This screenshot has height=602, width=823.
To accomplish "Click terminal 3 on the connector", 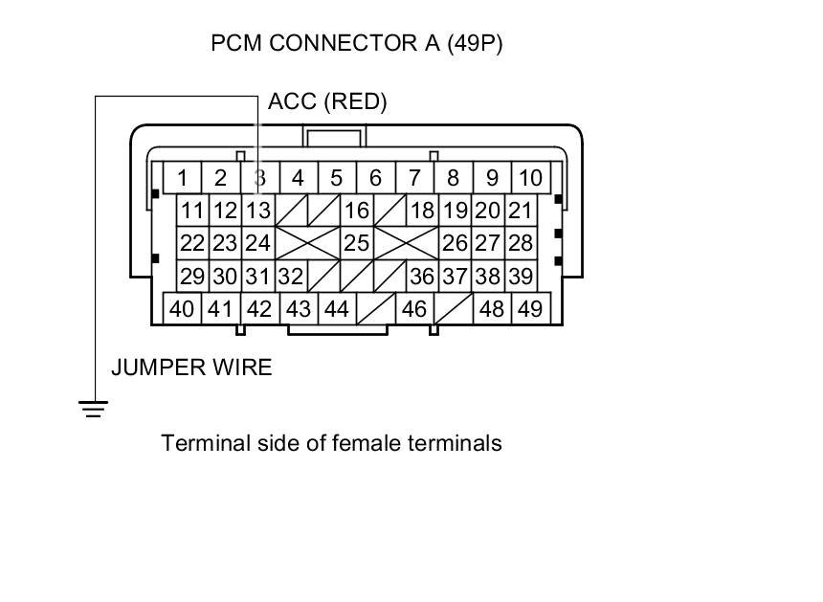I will pyautogui.click(x=259, y=178).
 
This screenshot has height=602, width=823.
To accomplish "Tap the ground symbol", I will pyautogui.click(x=93, y=410).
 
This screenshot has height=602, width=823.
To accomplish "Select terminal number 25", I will pyautogui.click(x=356, y=243).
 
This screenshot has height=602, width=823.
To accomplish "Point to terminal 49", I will pyautogui.click(x=529, y=309).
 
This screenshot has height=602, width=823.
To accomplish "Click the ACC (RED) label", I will pyautogui.click(x=327, y=102).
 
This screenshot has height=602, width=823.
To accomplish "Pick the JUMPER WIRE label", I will pyautogui.click(x=191, y=368).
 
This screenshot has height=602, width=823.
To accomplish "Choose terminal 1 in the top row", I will pyautogui.click(x=182, y=178).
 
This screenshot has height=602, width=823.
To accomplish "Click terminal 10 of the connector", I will pyautogui.click(x=529, y=178).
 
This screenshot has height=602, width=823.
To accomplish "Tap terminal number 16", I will pyautogui.click(x=356, y=211).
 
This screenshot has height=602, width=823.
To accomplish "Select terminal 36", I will pyautogui.click(x=421, y=277).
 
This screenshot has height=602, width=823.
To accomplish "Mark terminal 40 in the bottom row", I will pyautogui.click(x=181, y=309).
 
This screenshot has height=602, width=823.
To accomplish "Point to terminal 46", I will pyautogui.click(x=413, y=309).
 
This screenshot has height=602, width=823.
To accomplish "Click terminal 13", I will pyautogui.click(x=257, y=211).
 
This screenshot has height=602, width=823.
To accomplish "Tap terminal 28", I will pyautogui.click(x=520, y=243).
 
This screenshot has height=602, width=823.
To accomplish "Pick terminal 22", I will pyautogui.click(x=192, y=243).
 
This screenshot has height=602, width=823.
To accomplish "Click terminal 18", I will pyautogui.click(x=421, y=211).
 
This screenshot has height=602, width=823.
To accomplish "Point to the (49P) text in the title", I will pyautogui.click(x=475, y=44).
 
